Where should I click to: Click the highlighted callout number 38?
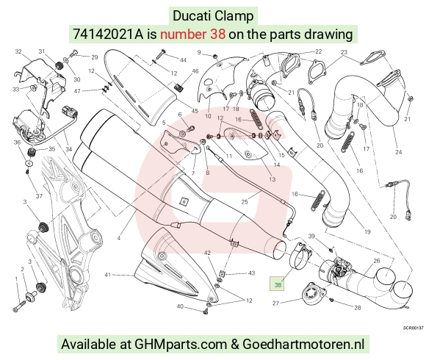pos(278,285)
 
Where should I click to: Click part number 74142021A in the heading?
pos(107,35)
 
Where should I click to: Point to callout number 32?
pos(18,51)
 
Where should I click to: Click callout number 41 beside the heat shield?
pos(108,275)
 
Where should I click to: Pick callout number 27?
pos(275,303)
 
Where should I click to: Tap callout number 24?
pos(399,152)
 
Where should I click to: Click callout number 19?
pos(367,231)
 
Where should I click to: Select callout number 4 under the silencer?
pos(119,238)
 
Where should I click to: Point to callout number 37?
pos(39,196)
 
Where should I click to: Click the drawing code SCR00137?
pos(414,328)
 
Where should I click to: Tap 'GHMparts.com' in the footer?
pos(181,345)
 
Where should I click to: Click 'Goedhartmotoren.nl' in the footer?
pos(303,344)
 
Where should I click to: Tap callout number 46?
pos(195,71)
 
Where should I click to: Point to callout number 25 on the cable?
pos(245,201)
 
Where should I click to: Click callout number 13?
pos(272,179)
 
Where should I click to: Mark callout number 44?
pos(184,60)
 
